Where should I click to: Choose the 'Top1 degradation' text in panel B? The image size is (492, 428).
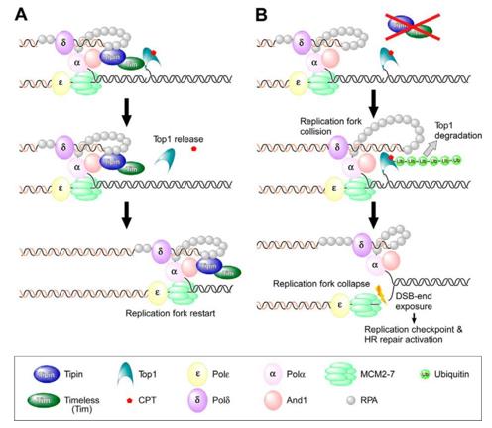click(451, 133)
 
